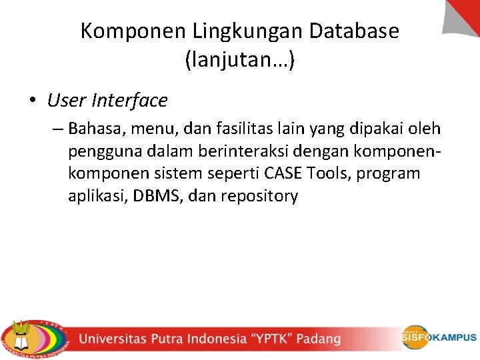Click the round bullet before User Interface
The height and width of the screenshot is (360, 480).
33,101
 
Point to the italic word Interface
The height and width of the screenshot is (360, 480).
130,101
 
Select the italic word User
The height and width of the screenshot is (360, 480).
66,101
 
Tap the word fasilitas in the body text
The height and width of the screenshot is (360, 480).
251,128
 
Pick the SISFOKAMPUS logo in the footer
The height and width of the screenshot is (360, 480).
439,337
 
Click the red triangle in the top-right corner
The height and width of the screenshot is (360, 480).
466,14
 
